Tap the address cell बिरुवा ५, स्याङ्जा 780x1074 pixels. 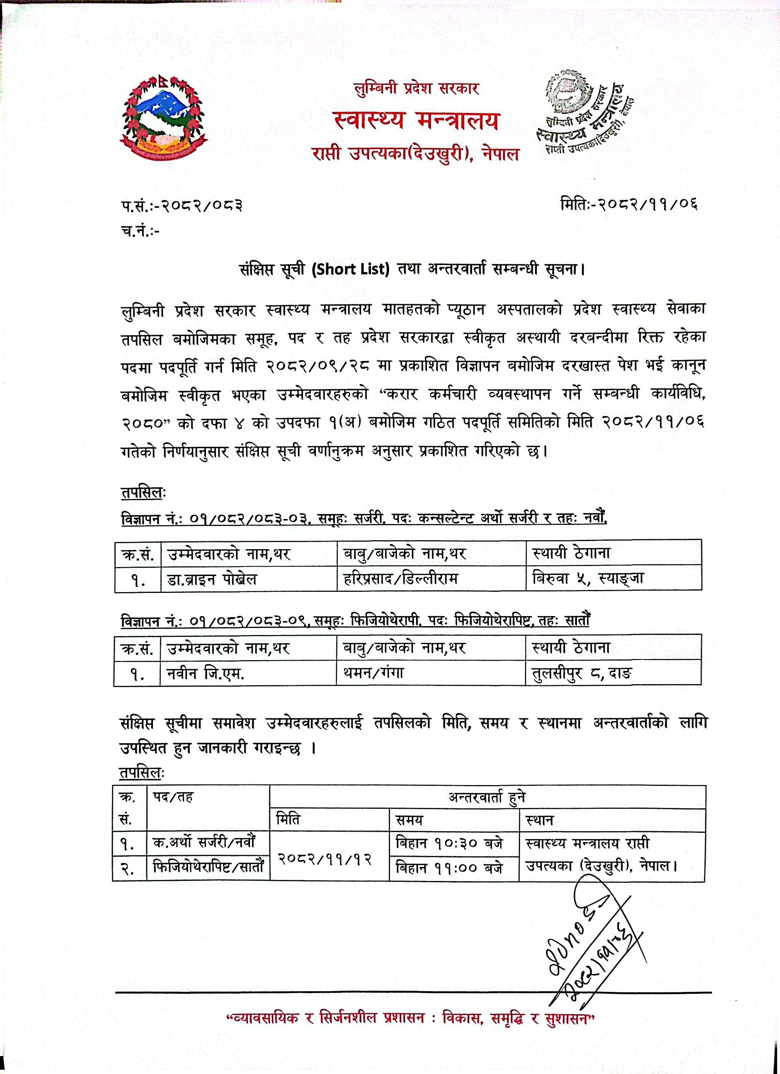point(587,578)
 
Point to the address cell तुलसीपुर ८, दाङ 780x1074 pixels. point(582,673)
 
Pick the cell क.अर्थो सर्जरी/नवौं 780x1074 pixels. point(204,843)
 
